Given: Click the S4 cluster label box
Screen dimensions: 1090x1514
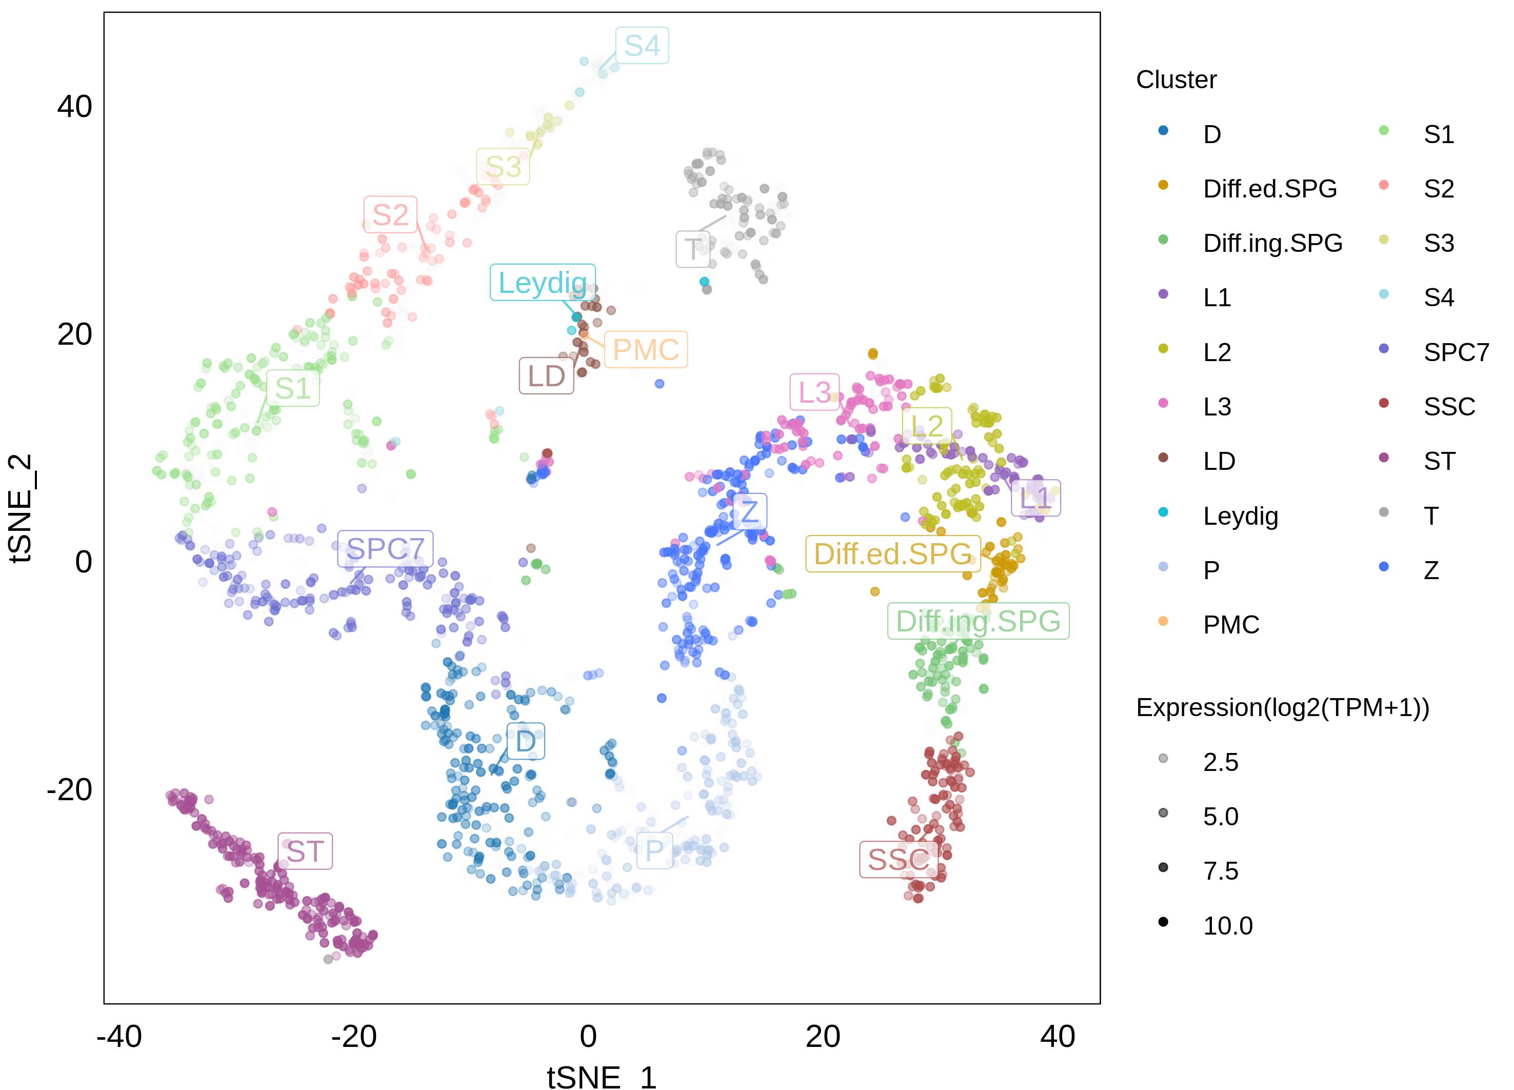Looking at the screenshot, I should click(x=642, y=45).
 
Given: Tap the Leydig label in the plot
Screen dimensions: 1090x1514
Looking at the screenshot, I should click(x=542, y=282).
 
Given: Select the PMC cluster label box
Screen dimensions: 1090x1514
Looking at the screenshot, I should click(x=646, y=350).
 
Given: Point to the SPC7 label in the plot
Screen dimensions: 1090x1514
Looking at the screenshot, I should click(x=385, y=549).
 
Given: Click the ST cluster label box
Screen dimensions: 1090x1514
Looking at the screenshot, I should click(x=305, y=851).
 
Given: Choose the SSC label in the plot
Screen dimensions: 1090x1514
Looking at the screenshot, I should click(x=899, y=860).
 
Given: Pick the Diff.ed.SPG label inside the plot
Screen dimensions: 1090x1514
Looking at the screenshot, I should click(x=892, y=554).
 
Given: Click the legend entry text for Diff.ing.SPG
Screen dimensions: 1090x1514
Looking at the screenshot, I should click(x=1272, y=243).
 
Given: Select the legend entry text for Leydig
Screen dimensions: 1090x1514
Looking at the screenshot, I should click(x=1240, y=516).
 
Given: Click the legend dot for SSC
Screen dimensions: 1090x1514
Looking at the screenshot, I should click(x=1384, y=403).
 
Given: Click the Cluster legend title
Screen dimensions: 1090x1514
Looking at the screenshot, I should click(x=1176, y=80).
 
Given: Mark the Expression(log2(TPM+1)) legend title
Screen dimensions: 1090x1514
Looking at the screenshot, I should click(x=1282, y=707).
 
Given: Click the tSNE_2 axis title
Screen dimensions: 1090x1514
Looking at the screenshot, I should click(x=22, y=508).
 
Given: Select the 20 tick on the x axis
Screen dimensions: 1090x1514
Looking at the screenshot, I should click(x=823, y=1037).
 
